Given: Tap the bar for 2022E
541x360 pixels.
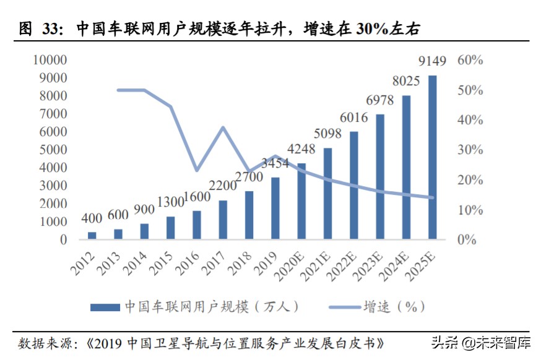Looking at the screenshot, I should click(x=353, y=185).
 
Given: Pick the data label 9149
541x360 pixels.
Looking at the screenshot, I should click(x=433, y=61).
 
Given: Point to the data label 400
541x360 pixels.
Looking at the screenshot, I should click(x=92, y=219).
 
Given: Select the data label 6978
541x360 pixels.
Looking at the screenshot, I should click(x=380, y=100).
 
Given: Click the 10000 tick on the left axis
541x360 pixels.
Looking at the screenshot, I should click(x=48, y=60).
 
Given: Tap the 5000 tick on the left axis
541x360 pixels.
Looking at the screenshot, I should click(x=51, y=150).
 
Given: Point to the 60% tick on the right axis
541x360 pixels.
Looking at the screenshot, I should click(x=470, y=60).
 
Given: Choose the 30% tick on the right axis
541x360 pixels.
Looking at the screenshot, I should click(x=470, y=150).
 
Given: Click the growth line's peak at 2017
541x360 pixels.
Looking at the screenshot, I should click(x=223, y=127).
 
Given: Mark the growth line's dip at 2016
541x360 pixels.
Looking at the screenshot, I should click(x=197, y=170).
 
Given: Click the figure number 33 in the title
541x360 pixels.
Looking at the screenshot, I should click(x=50, y=28).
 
